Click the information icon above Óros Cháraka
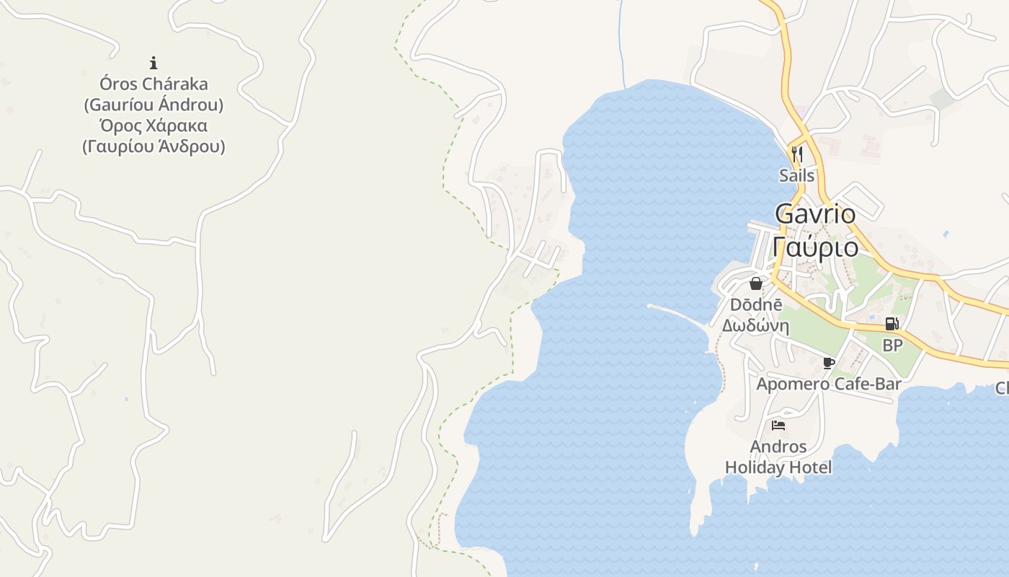coord(153,63)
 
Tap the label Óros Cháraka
coord(153,84)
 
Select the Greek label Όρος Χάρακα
coord(153,125)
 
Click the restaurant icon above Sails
coord(796,154)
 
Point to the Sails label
coord(796,175)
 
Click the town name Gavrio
coord(815,213)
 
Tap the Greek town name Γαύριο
coord(815,247)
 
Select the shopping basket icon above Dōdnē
coord(755,283)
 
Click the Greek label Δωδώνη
coord(755,325)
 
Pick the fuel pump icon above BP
coord(892,325)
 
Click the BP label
coord(892,345)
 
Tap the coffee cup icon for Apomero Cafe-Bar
coord(828,363)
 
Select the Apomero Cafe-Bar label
coord(828,384)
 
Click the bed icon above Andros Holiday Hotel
coord(778,425)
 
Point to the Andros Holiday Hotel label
coord(778,457)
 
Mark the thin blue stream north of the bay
coord(621,43)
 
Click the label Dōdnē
coord(755,304)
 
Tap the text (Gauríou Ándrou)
coord(153,105)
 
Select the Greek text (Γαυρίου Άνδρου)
coord(153,146)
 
